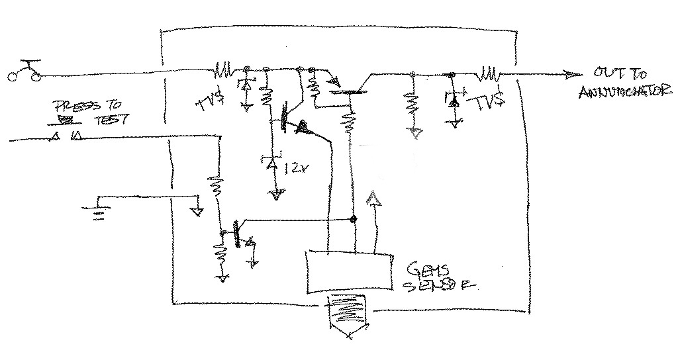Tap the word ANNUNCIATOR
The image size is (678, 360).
click(620, 92)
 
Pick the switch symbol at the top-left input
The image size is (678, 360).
click(24, 73)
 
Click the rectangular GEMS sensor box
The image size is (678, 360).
click(348, 272)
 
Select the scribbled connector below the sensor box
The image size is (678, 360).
click(350, 316)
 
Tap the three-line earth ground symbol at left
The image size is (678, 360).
click(99, 212)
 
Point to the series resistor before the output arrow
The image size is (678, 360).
click(491, 71)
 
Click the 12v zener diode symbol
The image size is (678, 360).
click(271, 163)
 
